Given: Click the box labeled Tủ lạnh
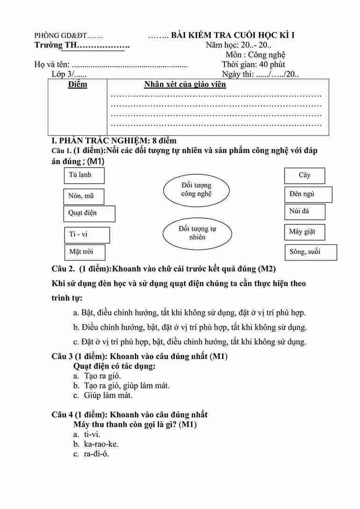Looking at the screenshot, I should (84, 175).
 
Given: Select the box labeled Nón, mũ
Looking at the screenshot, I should (84, 196).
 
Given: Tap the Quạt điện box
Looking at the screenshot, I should (89, 213).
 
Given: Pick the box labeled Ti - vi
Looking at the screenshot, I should (86, 235).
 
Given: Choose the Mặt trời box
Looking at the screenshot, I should (84, 252).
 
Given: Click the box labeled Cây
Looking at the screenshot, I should (304, 175).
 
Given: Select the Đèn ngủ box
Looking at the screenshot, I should (308, 194).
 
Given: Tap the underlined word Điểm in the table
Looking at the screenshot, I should (78, 85).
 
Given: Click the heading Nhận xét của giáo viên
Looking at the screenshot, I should (185, 85).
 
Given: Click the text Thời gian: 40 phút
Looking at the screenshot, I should (253, 65).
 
